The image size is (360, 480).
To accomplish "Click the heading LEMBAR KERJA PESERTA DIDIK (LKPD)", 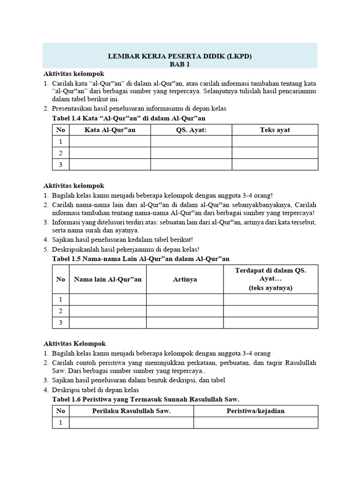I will (180, 56).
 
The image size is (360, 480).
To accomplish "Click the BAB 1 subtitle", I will (180, 65).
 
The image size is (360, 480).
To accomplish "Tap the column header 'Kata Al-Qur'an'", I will (110, 130).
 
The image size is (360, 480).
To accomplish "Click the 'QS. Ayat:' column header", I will (191, 130).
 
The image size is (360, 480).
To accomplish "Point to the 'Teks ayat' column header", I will (275, 130).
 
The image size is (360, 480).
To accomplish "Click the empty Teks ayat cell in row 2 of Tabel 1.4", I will (275, 153).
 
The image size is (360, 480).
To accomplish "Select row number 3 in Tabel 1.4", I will (60, 164).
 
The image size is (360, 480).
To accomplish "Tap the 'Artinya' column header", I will (185, 279).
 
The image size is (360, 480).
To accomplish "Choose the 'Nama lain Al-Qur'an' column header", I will (108, 279).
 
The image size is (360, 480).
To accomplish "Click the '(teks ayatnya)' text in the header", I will (270, 288).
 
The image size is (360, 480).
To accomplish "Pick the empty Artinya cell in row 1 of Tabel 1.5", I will (185, 300).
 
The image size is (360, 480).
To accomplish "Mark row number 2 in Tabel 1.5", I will (60, 311).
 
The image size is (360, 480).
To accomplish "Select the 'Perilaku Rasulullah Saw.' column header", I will (131, 411).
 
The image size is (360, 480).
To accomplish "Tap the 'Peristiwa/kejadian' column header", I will (255, 411).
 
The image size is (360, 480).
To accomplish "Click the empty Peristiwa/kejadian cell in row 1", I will (255, 423).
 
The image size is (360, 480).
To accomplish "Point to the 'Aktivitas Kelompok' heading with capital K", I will (75, 344).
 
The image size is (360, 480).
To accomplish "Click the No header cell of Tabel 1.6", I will (60, 411).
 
